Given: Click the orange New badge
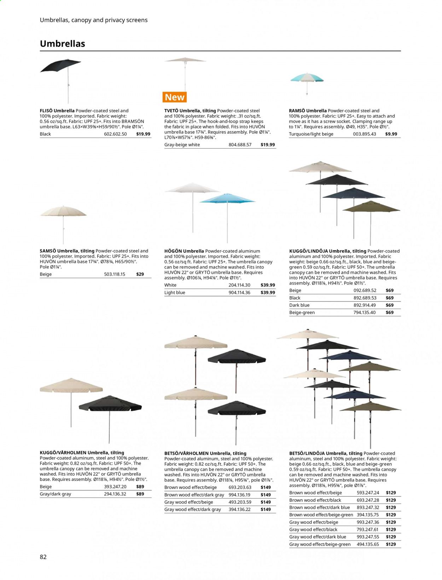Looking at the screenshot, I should coord(175,97).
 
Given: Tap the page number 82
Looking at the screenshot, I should coord(43,557).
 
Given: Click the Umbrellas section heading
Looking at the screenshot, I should coord(63,44).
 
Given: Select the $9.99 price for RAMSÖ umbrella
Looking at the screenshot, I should coord(391,134).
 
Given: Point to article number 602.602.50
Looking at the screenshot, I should coord(115,134).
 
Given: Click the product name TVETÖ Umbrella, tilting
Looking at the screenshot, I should coord(190,111).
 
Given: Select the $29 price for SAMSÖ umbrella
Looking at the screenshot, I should coord(140,274).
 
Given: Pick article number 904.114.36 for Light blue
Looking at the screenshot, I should coord(239,293).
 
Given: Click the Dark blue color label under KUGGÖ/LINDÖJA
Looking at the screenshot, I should coord(299,305).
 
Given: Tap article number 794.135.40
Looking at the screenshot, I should coord(364,312).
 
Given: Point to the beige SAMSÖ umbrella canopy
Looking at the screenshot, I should coord(63,212).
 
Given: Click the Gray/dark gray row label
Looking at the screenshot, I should coord(56,494).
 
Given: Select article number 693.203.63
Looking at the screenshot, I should coord(240,487).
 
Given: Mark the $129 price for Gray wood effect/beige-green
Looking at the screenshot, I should coord(391,544).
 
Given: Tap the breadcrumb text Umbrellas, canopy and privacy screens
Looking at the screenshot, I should coord(94,20).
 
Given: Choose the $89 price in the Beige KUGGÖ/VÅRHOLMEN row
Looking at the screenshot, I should coord(140,487).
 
